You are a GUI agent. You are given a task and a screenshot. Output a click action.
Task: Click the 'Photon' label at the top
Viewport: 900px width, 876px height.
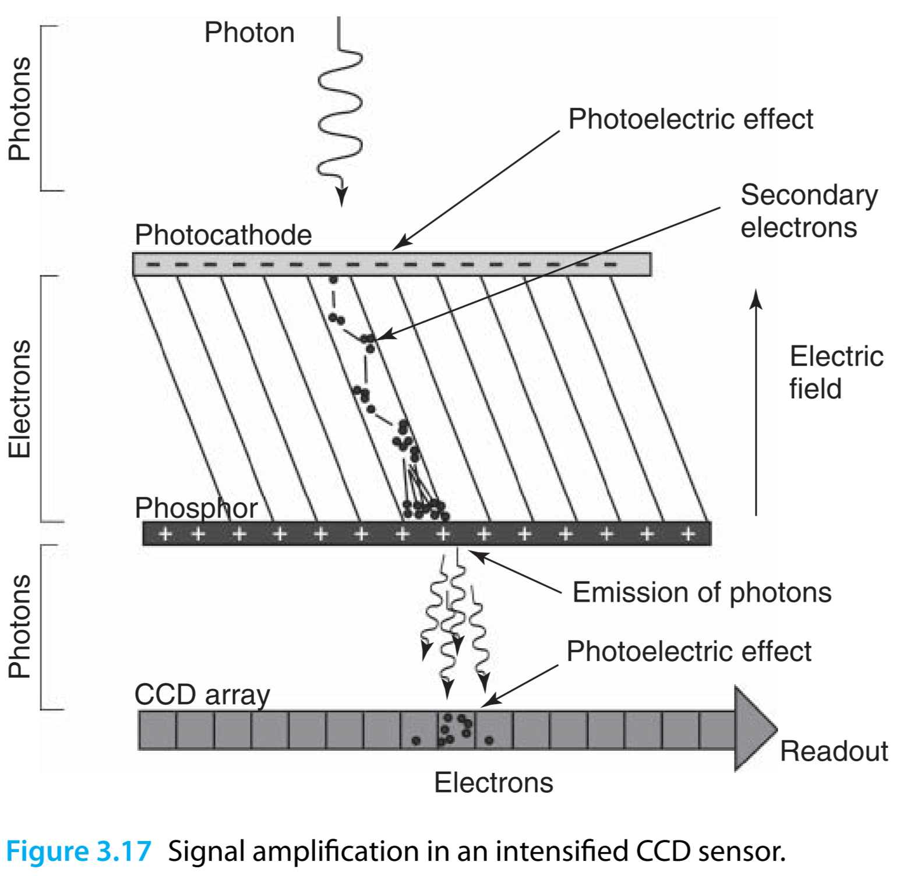point(249,33)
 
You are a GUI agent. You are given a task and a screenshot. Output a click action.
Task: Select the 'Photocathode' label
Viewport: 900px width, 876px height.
point(223,235)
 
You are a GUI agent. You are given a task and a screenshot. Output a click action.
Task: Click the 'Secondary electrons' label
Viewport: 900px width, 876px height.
point(809,211)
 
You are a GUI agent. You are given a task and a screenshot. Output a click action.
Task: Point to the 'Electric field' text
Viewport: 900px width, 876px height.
point(836,372)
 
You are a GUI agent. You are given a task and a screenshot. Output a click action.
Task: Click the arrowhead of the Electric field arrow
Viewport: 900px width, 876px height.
point(756,299)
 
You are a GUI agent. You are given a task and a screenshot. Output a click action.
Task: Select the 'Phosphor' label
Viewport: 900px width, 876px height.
point(196,508)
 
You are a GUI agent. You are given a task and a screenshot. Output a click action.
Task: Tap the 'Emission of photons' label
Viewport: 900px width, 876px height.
point(702,592)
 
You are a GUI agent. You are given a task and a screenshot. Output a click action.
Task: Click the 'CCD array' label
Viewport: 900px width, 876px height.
point(202,695)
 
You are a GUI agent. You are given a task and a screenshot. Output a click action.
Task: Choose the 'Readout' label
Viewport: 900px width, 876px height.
point(834,751)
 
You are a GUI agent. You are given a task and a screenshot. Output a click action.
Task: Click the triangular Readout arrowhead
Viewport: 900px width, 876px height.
point(754,729)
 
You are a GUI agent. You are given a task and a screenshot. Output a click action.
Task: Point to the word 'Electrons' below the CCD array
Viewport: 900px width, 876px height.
point(493,783)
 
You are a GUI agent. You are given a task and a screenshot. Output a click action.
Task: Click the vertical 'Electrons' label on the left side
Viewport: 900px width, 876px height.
point(20,399)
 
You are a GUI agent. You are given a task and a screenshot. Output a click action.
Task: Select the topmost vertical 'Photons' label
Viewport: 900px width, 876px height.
point(20,108)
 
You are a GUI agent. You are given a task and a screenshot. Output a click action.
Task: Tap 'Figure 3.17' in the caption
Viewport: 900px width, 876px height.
point(79,851)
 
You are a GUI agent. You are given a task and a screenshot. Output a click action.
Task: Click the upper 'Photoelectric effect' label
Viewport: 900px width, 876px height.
point(690,119)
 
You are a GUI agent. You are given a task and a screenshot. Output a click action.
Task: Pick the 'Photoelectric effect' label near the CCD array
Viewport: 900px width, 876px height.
point(689,651)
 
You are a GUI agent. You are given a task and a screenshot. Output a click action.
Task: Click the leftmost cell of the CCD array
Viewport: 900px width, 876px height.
point(157,730)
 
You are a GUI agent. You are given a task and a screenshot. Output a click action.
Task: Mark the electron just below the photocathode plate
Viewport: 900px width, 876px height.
point(333,280)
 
